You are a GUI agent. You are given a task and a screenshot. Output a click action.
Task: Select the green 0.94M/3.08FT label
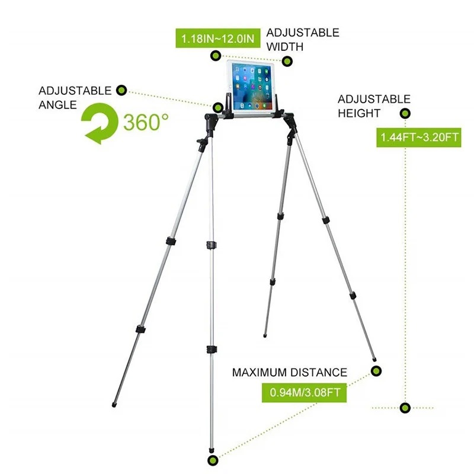304,392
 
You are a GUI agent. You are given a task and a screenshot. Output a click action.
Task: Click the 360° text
146,123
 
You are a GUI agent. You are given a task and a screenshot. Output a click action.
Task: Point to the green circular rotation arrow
101,124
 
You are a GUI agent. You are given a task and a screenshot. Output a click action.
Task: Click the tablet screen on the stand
252,88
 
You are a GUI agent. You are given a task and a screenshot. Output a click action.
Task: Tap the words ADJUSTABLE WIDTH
302,39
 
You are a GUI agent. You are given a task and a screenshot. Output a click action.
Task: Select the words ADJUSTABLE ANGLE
75,98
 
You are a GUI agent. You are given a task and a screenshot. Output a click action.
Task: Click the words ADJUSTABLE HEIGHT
373,106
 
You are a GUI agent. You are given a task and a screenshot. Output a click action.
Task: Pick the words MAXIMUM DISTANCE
289,373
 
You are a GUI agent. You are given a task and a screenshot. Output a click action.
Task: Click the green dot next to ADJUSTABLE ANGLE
121,91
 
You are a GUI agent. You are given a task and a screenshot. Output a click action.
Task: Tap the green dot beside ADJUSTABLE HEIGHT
405,114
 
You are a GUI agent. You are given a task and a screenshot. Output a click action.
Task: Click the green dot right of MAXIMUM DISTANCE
376,371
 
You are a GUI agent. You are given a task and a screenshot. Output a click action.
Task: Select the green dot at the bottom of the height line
405,408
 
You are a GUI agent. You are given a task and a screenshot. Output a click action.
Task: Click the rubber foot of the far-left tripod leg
114,406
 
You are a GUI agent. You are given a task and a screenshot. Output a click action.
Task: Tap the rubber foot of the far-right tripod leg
374,358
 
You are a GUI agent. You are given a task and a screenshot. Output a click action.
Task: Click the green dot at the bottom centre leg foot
212,460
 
